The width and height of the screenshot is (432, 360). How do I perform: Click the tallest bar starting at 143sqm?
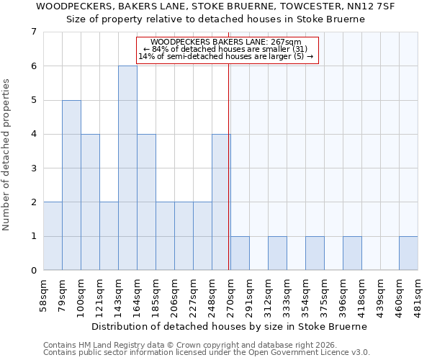tap(127, 168)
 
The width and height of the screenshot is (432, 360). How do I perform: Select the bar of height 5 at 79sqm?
tap(71, 185)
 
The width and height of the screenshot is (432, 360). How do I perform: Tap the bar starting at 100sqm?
tap(90, 202)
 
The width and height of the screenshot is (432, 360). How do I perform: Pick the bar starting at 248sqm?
tap(221, 202)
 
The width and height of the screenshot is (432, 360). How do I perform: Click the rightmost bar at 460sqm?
tap(408, 253)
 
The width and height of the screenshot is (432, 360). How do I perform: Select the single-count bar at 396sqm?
tap(352, 253)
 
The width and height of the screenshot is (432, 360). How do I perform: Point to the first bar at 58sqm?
tap(53, 236)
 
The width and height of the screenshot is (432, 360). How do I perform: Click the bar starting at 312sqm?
tap(277, 253)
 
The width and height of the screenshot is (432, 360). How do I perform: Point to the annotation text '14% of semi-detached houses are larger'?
tap(226, 56)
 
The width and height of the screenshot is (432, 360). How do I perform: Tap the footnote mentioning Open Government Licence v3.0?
tap(207, 352)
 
